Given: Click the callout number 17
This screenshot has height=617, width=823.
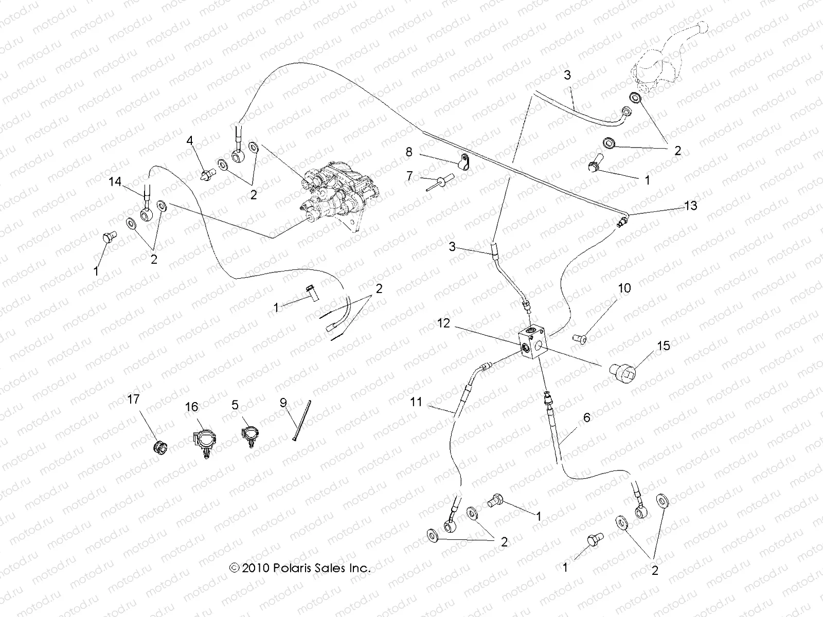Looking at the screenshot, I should pos(133,399).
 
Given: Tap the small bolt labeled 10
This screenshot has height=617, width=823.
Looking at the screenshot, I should pos(580,338).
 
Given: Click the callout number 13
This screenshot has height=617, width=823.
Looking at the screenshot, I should pos(690,206).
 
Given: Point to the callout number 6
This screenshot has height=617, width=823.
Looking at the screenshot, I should pos(586,418).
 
